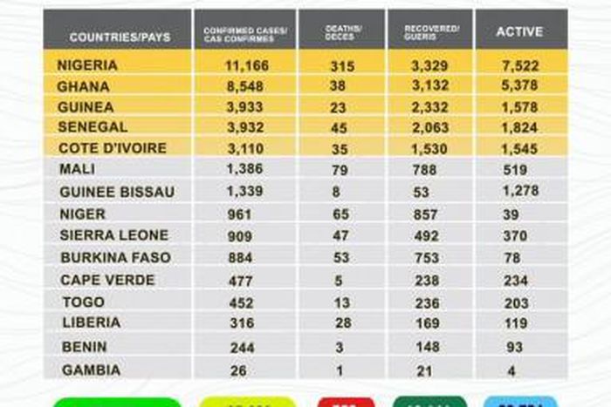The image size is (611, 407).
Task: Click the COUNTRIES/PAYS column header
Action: (x=120, y=37)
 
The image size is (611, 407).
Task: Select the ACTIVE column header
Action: (x=519, y=32)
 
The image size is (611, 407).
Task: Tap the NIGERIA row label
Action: (x=87, y=64)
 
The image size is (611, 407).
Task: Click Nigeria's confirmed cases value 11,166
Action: (x=245, y=65)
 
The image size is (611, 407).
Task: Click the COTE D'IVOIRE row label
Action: (x=112, y=148)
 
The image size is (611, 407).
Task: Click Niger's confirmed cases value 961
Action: (x=239, y=214)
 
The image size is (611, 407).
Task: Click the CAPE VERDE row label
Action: (x=107, y=280)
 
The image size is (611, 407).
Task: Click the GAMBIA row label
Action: (x=91, y=370)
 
